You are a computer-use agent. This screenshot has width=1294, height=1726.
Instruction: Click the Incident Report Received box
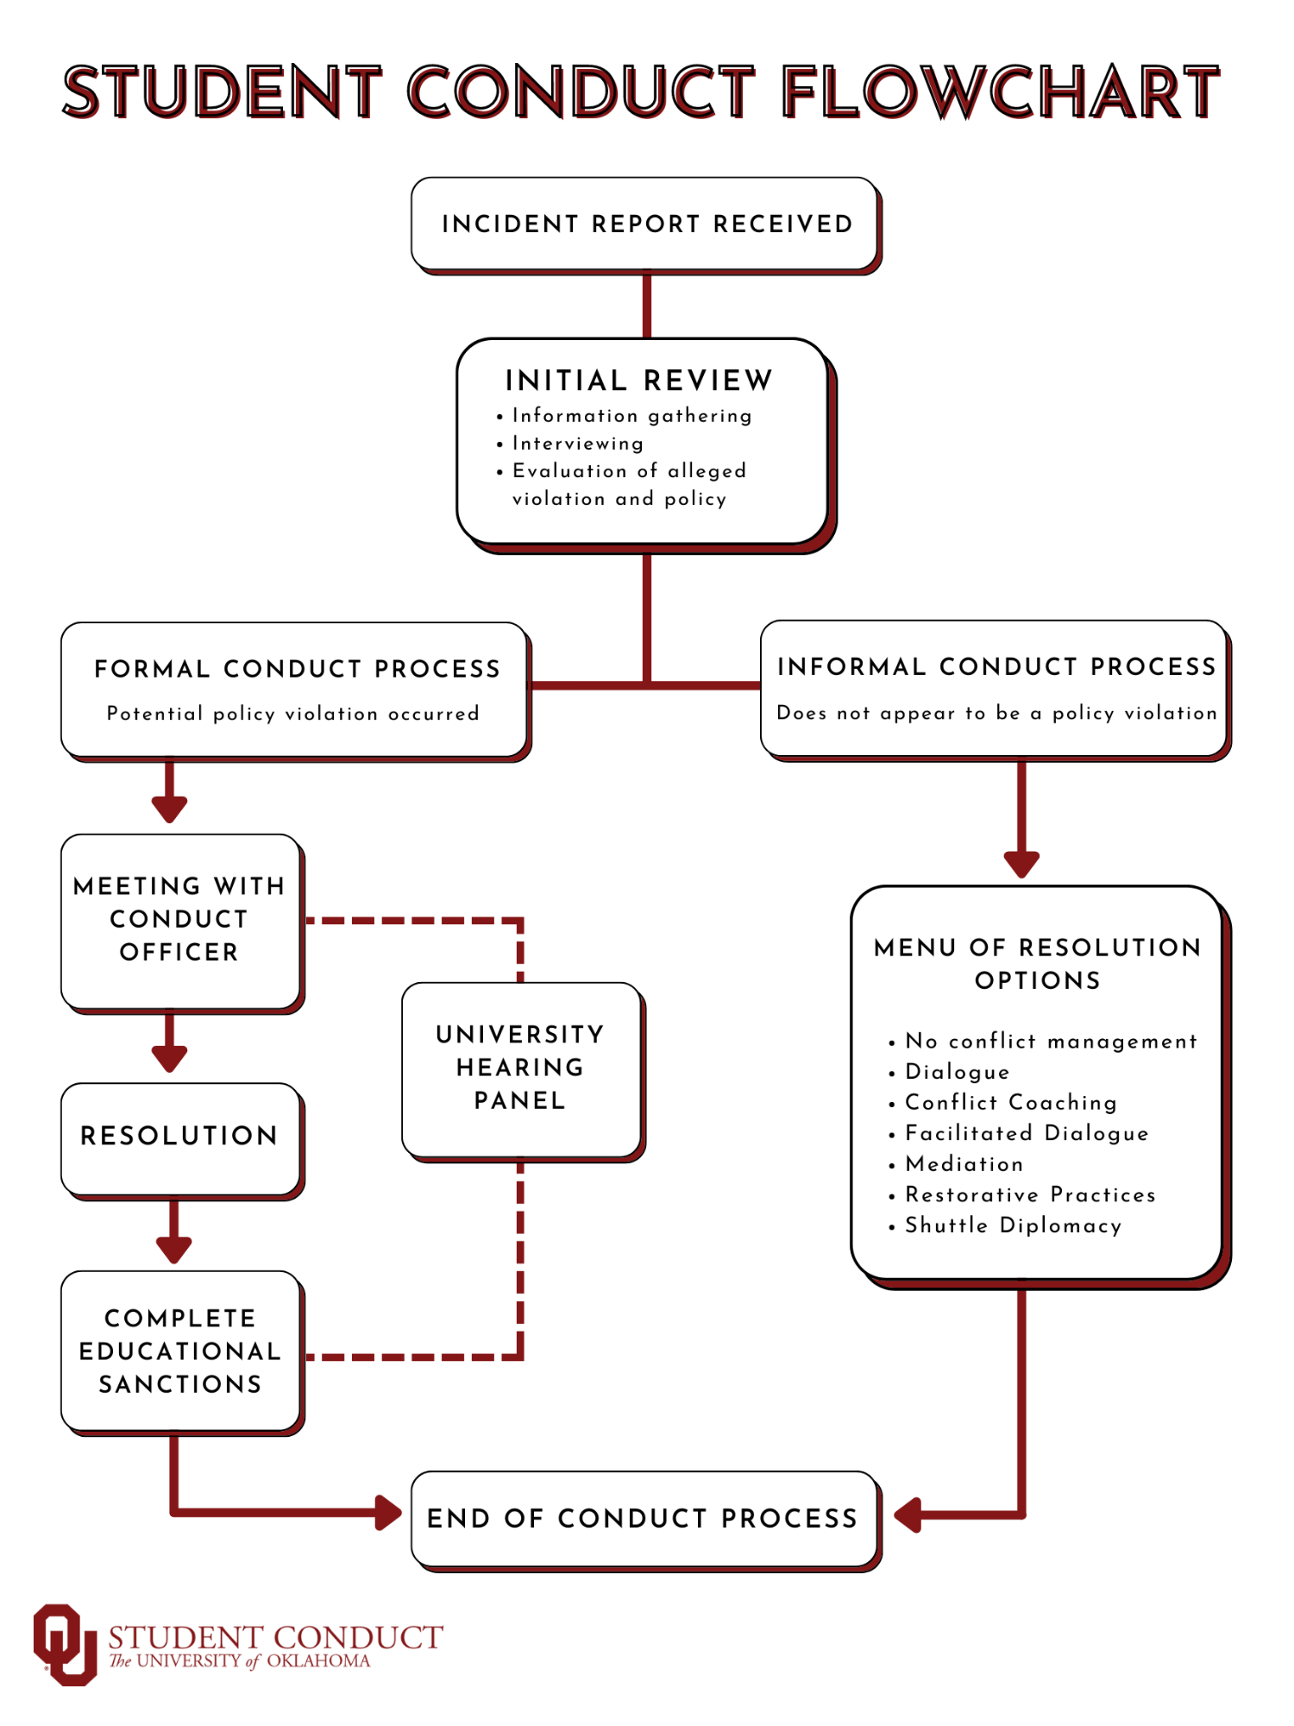point(645,224)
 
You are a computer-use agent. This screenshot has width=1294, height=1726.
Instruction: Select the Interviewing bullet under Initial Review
point(577,444)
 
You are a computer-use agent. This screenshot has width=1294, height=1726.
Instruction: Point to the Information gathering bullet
point(631,416)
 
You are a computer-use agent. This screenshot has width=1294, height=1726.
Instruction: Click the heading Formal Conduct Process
point(297,669)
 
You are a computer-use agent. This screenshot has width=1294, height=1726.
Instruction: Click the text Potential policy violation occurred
point(292,714)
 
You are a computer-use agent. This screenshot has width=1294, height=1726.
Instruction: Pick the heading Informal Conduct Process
point(996,666)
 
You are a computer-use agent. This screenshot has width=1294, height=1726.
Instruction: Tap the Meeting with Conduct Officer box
point(179,920)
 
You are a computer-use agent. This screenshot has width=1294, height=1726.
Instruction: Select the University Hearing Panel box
point(520,1068)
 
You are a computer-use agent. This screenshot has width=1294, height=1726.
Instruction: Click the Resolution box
point(179,1137)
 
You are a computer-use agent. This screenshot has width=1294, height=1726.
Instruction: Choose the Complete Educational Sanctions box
point(179,1351)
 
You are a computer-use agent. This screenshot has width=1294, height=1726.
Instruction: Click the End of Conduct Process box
point(643,1518)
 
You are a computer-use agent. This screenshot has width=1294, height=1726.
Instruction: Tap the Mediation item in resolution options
point(964,1164)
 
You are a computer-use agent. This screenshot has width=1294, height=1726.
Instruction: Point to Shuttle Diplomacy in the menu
point(1013,1225)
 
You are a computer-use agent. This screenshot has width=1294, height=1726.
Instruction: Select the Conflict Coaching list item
point(1010,1103)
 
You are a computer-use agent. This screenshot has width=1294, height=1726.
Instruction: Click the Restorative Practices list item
point(1029,1195)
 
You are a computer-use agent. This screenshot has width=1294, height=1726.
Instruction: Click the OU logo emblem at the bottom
point(65,1644)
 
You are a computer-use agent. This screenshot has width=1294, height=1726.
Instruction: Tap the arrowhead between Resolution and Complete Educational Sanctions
point(173,1250)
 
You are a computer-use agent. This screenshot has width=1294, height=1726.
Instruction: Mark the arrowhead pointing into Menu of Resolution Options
point(1021,864)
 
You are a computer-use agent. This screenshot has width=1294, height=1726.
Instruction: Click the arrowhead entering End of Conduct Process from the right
point(908,1515)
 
